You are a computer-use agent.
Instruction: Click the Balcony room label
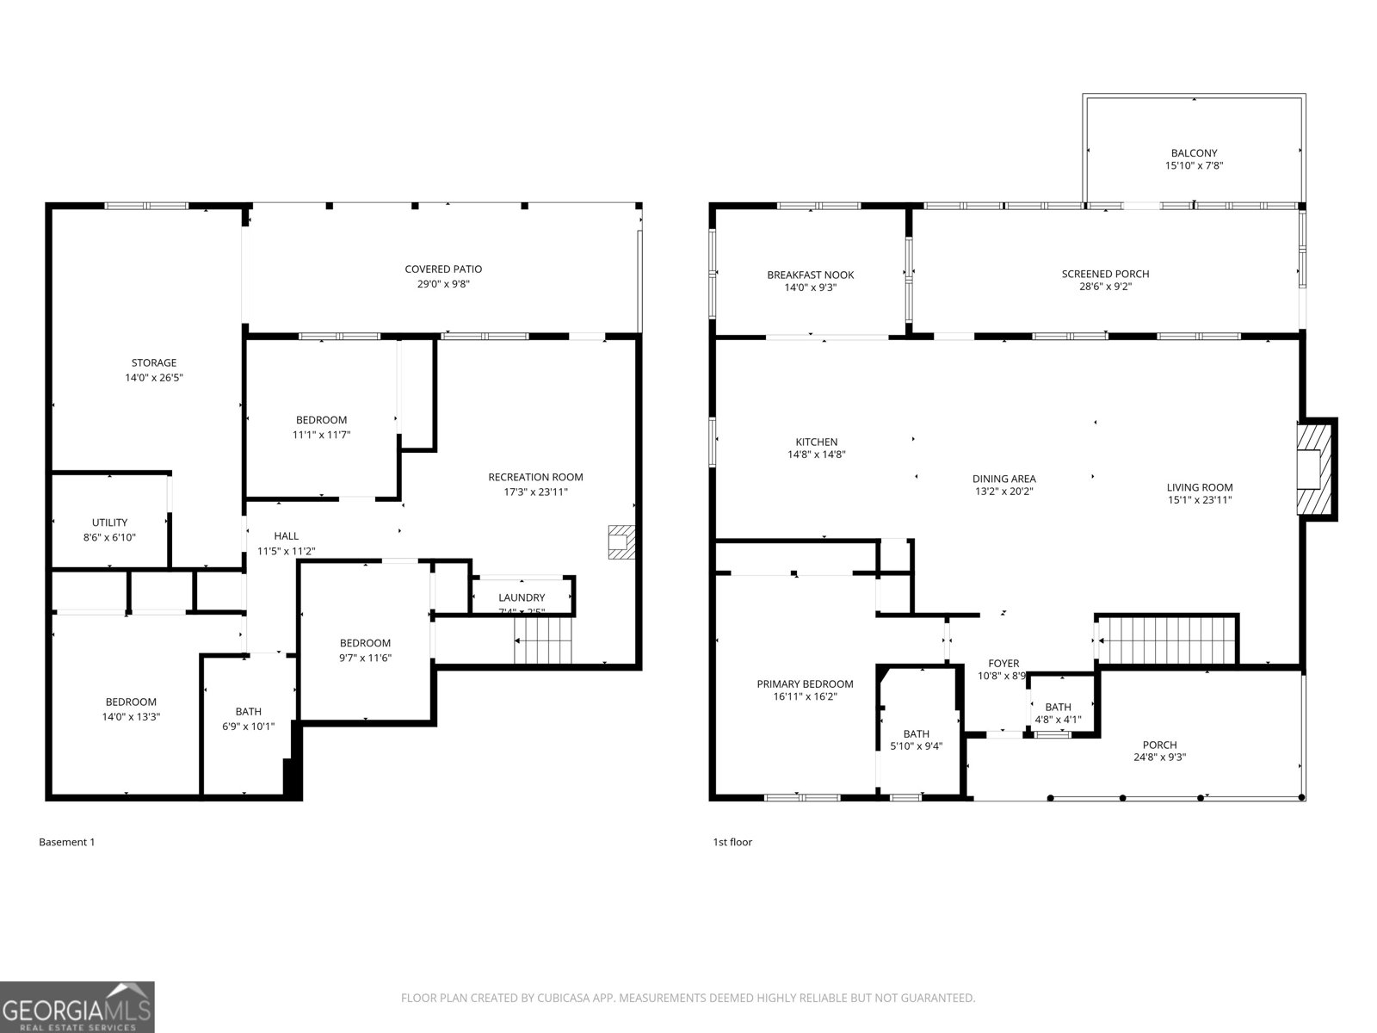(x=1194, y=153)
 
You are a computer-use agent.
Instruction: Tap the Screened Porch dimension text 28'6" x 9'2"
(x=1105, y=287)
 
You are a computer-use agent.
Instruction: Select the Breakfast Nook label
(x=810, y=275)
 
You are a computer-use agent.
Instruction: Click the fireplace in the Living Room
(x=1313, y=468)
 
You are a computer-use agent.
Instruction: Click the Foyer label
(x=1003, y=664)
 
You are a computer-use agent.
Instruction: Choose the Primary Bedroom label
(x=805, y=684)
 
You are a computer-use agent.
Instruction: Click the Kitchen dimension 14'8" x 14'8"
(x=816, y=455)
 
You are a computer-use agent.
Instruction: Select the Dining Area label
(x=1003, y=479)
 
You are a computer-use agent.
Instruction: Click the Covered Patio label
(x=443, y=269)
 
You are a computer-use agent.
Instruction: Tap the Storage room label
(x=153, y=363)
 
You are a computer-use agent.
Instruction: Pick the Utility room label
(x=109, y=523)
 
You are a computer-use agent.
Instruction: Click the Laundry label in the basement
(x=522, y=597)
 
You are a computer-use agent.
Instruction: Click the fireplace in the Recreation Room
(x=621, y=542)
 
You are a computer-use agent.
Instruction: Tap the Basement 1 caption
(x=66, y=842)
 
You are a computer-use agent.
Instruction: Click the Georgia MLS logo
(x=77, y=1006)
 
